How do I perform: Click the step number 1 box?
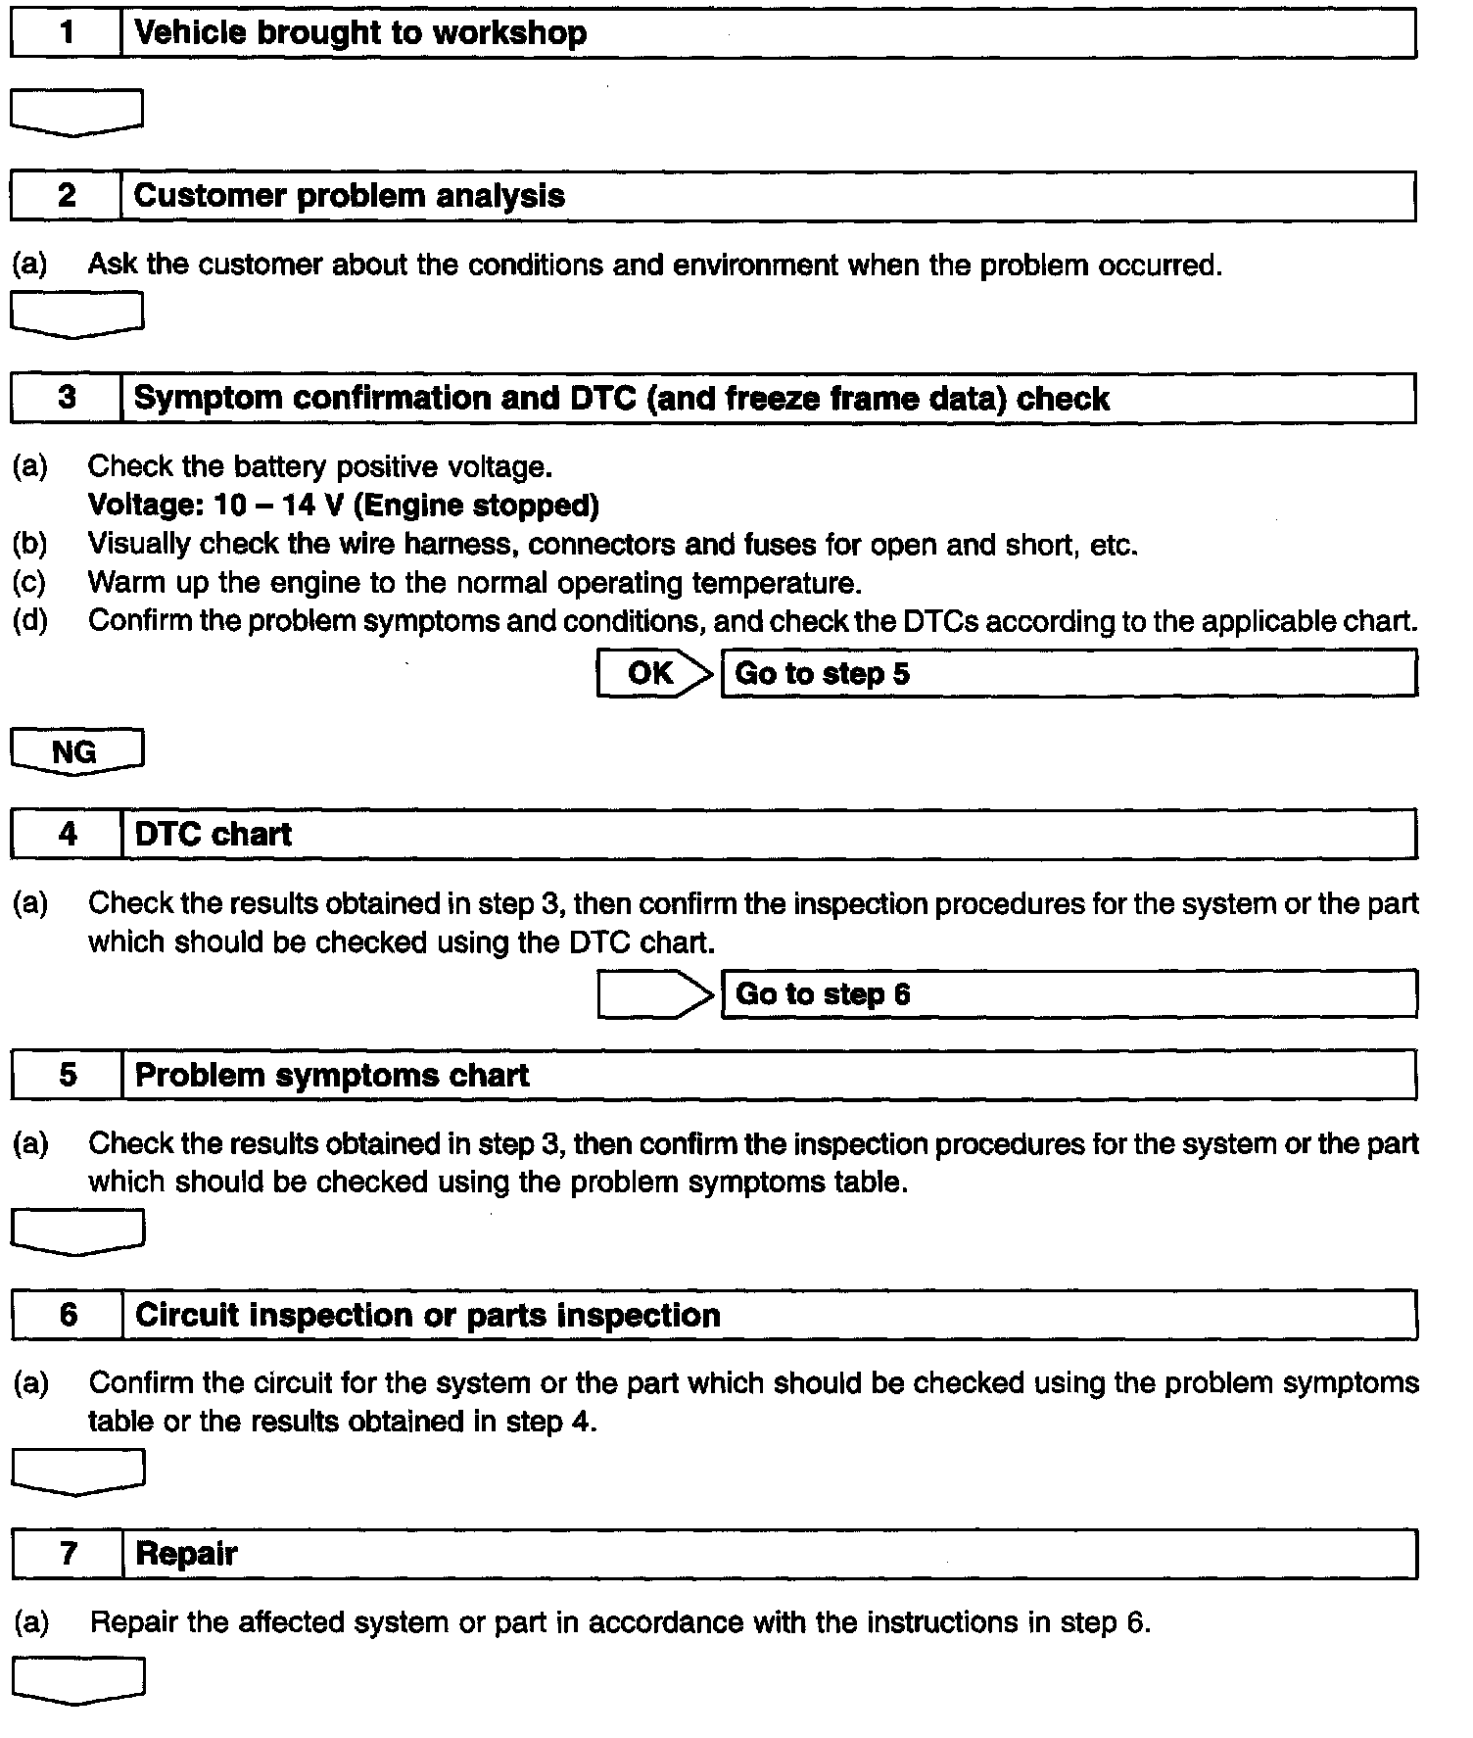(x=66, y=33)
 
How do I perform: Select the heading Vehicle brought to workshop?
(x=359, y=33)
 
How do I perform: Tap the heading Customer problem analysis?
(x=349, y=196)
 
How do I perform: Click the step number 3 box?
(x=66, y=398)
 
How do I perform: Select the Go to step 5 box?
(x=1068, y=674)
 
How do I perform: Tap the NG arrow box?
(x=76, y=752)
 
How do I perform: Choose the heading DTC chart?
(x=213, y=835)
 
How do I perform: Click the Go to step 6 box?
(x=1068, y=994)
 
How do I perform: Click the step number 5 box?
(x=67, y=1075)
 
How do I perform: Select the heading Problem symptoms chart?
(x=331, y=1075)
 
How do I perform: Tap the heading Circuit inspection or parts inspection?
(x=427, y=1315)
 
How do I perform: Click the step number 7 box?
(x=67, y=1554)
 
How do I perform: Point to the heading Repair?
(x=186, y=1554)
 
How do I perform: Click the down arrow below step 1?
(x=76, y=112)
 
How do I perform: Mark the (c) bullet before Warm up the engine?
(x=29, y=583)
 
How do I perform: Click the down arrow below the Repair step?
(x=77, y=1680)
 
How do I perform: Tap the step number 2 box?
(x=66, y=196)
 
